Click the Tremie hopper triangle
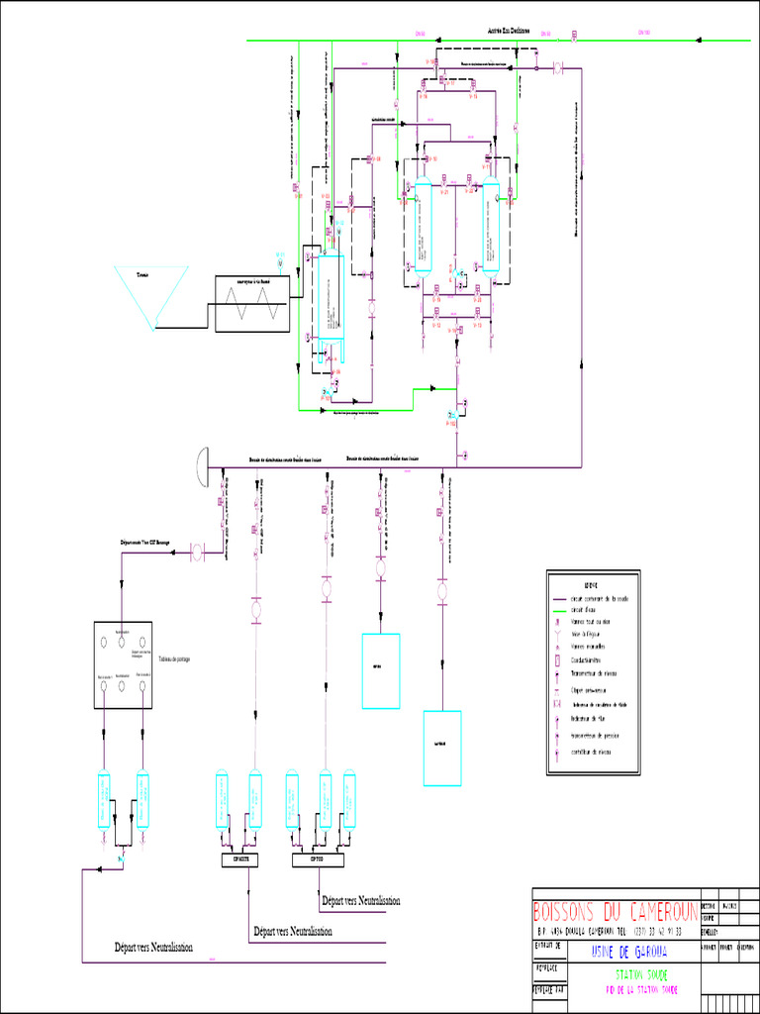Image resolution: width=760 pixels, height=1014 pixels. tap(153, 293)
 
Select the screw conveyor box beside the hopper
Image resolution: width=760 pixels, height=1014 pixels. tap(252, 303)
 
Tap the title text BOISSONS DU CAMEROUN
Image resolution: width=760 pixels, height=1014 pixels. tap(615, 912)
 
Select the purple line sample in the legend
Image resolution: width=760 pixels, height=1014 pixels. tap(559, 599)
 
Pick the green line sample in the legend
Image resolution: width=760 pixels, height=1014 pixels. tap(559, 610)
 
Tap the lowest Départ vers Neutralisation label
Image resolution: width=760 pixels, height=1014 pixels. tap(152, 948)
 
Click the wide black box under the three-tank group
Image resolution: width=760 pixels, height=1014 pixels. tap(318, 861)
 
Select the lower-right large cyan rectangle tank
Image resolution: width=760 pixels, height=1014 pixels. tap(442, 748)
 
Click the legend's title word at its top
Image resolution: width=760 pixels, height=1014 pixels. tap(592, 584)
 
